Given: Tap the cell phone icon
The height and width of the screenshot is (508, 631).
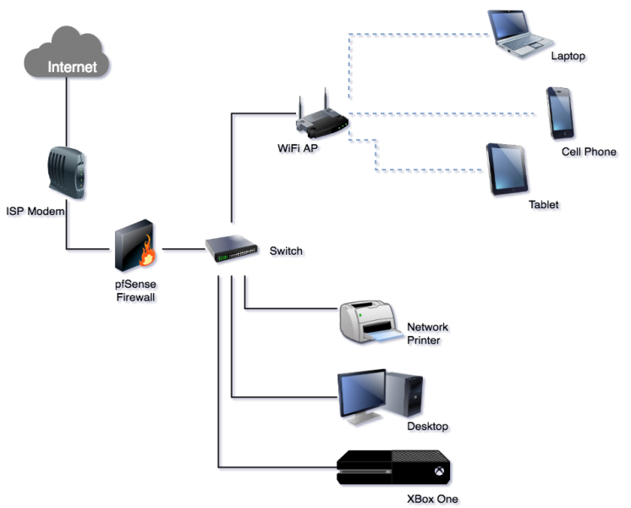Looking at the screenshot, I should pyautogui.click(x=561, y=112).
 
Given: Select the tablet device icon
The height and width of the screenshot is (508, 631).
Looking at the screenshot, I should pyautogui.click(x=507, y=170).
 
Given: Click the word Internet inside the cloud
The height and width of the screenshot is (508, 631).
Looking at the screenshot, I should pyautogui.click(x=72, y=67).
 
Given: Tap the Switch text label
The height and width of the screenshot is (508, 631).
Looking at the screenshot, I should pyautogui.click(x=288, y=252).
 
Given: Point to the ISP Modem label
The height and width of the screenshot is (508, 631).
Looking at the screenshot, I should pyautogui.click(x=37, y=213).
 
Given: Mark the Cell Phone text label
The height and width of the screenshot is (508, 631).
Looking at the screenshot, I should pyautogui.click(x=590, y=153).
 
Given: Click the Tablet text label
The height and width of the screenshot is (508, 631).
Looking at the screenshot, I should pyautogui.click(x=546, y=206).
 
